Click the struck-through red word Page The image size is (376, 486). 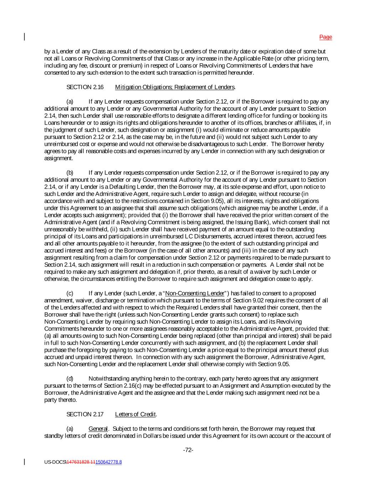pos(325,37)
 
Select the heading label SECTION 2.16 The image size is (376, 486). pos(85,87)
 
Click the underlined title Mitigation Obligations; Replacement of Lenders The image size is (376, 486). pos(175,87)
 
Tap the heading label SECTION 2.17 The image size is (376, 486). pos(85,414)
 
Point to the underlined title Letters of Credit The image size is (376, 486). pos(135,414)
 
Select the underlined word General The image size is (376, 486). pos(98,429)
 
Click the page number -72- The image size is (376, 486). pos(188,450)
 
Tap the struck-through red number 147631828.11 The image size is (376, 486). pos(81,462)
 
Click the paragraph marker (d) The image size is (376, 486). pos(70,379)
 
